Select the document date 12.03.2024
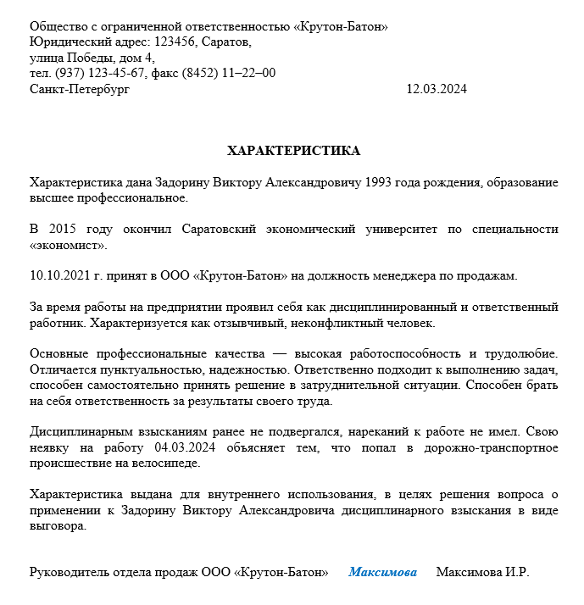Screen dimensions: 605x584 (437, 89)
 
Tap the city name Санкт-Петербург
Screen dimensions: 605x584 (80, 89)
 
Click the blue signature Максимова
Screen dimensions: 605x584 (382, 572)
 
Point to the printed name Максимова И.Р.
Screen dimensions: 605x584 (482, 572)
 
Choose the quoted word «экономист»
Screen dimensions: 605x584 (69, 246)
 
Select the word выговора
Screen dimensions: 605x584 (58, 526)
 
